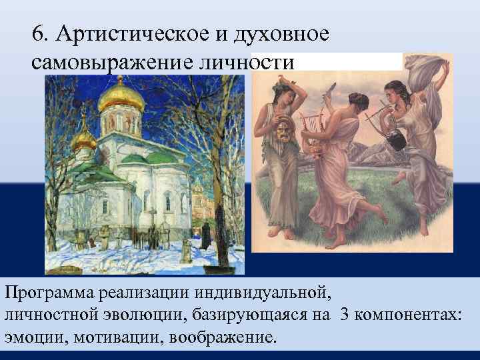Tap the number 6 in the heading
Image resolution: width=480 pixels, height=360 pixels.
tap(38, 35)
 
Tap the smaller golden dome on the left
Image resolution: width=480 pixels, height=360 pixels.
tap(84, 139)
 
